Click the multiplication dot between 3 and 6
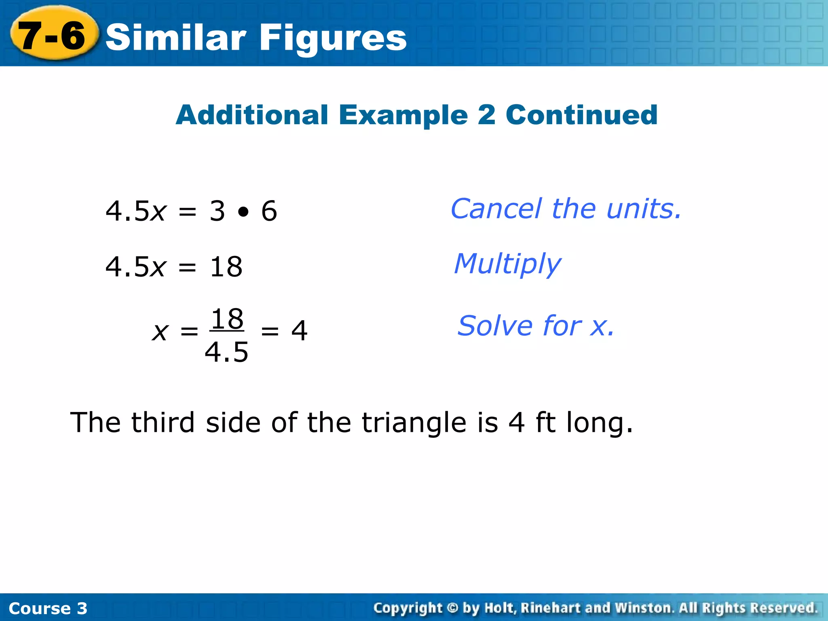pos(243,211)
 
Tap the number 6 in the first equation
pos(269,211)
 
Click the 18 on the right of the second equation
pos(226,267)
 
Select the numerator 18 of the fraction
pos(227,319)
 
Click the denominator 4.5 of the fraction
pos(226,352)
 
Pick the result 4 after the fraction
pos(299,331)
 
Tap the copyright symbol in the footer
pos(453,608)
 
